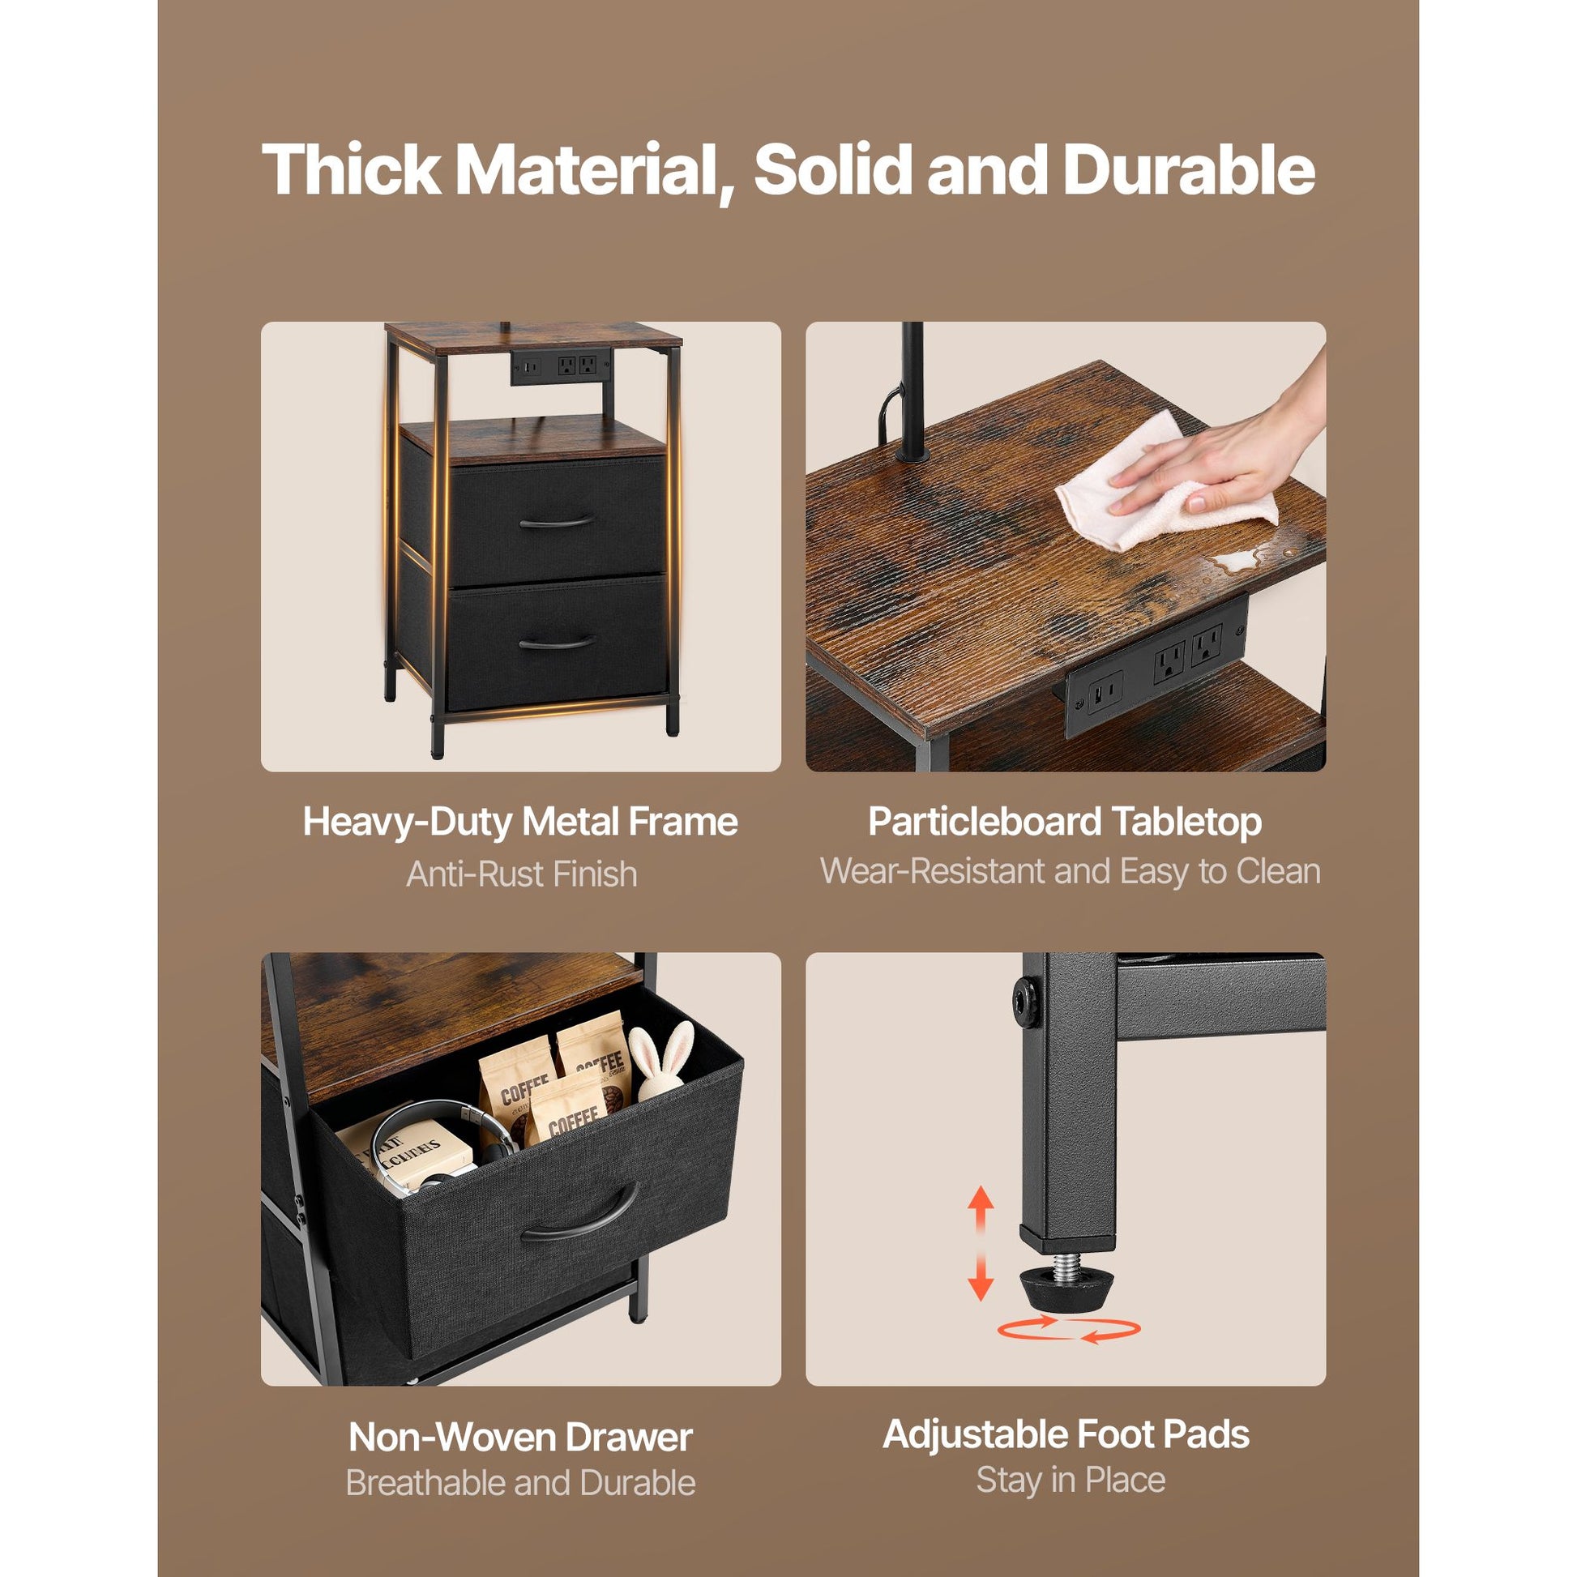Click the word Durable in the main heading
(1190, 171)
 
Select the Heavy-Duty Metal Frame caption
(521, 821)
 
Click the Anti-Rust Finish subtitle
(522, 874)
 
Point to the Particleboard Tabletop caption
(1065, 821)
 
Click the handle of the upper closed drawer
(557, 523)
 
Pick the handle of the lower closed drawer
(557, 644)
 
